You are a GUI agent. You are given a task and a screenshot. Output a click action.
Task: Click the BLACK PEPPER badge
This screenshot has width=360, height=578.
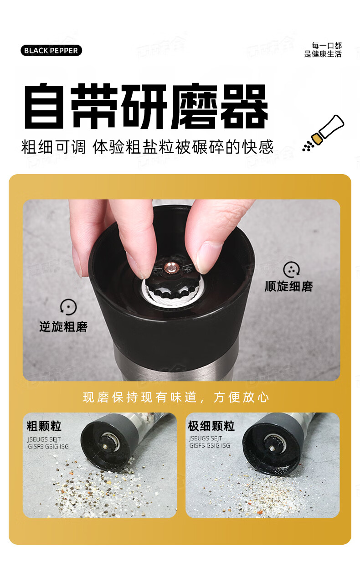pyautogui.click(x=51, y=51)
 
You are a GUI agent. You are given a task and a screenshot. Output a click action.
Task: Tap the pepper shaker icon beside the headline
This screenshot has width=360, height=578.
pyautogui.click(x=324, y=133)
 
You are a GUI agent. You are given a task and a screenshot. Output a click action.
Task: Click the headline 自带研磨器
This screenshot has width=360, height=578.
pyautogui.click(x=146, y=106)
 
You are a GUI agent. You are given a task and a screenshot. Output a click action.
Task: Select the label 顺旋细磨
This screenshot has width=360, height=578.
pyautogui.click(x=288, y=286)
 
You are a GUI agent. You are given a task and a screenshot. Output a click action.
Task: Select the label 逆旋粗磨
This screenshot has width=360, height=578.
pyautogui.click(x=63, y=327)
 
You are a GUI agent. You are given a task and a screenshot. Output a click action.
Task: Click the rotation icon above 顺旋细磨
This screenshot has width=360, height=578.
pyautogui.click(x=291, y=270)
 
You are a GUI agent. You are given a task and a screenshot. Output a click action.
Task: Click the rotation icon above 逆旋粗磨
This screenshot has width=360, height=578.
pyautogui.click(x=68, y=307)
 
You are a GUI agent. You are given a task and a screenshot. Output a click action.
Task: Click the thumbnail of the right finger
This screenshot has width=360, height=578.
pyautogui.click(x=208, y=258)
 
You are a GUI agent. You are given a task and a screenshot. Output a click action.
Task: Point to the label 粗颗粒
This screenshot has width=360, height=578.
pyautogui.click(x=44, y=426)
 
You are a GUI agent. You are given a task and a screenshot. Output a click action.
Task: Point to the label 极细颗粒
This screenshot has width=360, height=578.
pyautogui.click(x=211, y=426)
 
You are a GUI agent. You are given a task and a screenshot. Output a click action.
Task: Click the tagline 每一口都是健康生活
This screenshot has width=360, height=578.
pyautogui.click(x=323, y=50)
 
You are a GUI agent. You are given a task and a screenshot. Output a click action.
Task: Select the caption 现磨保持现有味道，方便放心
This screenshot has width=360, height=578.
pyautogui.click(x=176, y=397)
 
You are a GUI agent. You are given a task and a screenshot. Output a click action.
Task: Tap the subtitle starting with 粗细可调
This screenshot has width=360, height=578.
pyautogui.click(x=147, y=147)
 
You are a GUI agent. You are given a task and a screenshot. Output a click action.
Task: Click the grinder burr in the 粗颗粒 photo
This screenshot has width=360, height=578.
pyautogui.click(x=110, y=442)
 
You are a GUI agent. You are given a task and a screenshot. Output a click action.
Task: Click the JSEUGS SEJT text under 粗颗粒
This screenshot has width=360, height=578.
pyautogui.click(x=44, y=439)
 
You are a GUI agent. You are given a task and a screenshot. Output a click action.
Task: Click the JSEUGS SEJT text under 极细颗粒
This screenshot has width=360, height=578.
pyautogui.click(x=206, y=438)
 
